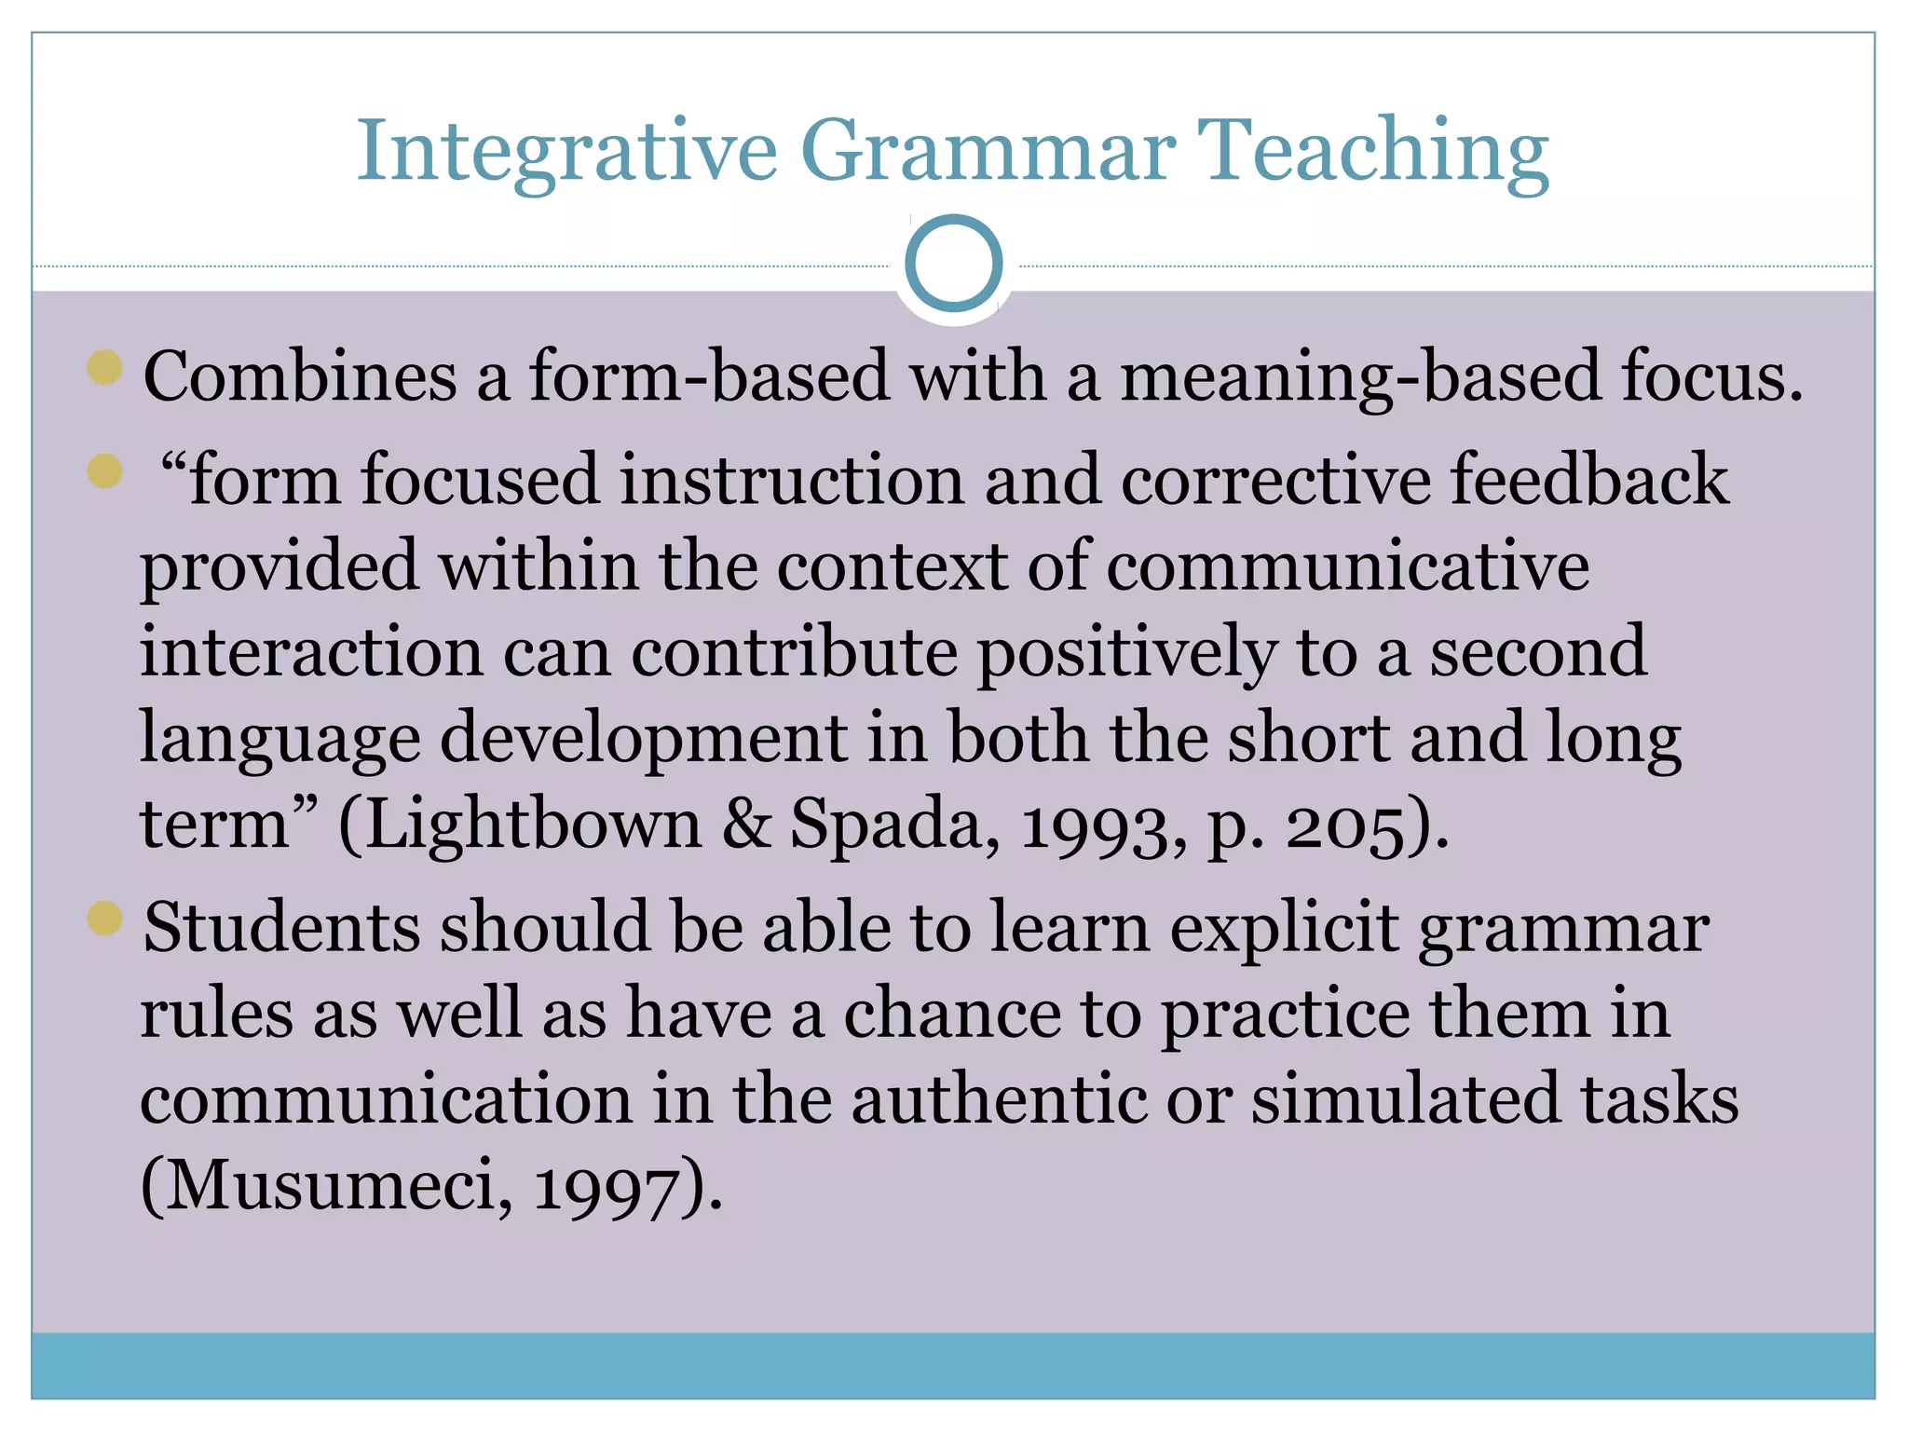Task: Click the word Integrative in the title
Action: pos(566,152)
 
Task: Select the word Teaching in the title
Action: pos(1372,152)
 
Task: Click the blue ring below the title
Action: pos(953,263)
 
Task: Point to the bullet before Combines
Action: pos(105,367)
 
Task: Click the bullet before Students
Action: pos(105,919)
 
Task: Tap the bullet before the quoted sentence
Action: pos(105,470)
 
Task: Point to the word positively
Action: pos(1126,654)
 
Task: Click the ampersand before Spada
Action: pos(747,824)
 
